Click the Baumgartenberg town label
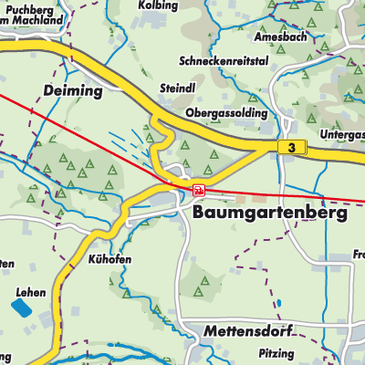tap(270, 212)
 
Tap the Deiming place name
tap(73, 91)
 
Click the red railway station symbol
tap(199, 189)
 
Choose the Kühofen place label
tap(110, 259)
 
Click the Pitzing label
tap(276, 353)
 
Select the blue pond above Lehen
tap(19, 308)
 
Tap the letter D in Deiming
tap(47, 91)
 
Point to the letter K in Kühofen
tap(92, 259)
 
